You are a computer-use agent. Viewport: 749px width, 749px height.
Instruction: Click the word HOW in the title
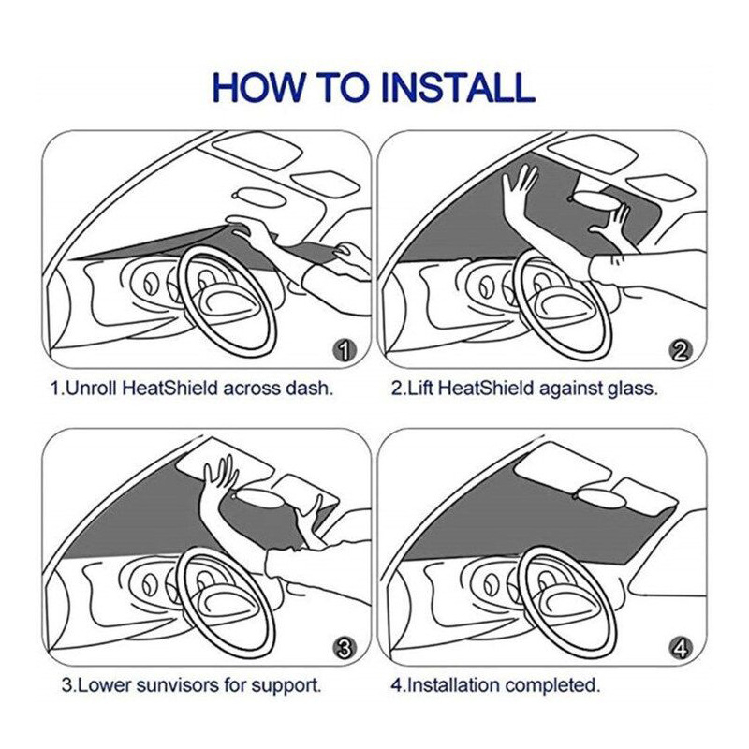pyautogui.click(x=258, y=87)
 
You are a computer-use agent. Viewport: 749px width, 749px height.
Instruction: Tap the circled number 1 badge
pyautogui.click(x=345, y=352)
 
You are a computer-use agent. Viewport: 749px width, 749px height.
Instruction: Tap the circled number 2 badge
pyautogui.click(x=681, y=352)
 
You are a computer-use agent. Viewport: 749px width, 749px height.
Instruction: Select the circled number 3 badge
pyautogui.click(x=345, y=649)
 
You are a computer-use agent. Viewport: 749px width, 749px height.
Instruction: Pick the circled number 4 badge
pyautogui.click(x=681, y=649)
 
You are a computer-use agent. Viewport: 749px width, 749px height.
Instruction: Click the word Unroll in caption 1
pyautogui.click(x=91, y=388)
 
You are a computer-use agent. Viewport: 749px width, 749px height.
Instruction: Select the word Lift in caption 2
pyautogui.click(x=419, y=388)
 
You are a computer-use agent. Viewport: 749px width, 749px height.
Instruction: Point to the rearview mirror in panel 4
pyautogui.click(x=601, y=499)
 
